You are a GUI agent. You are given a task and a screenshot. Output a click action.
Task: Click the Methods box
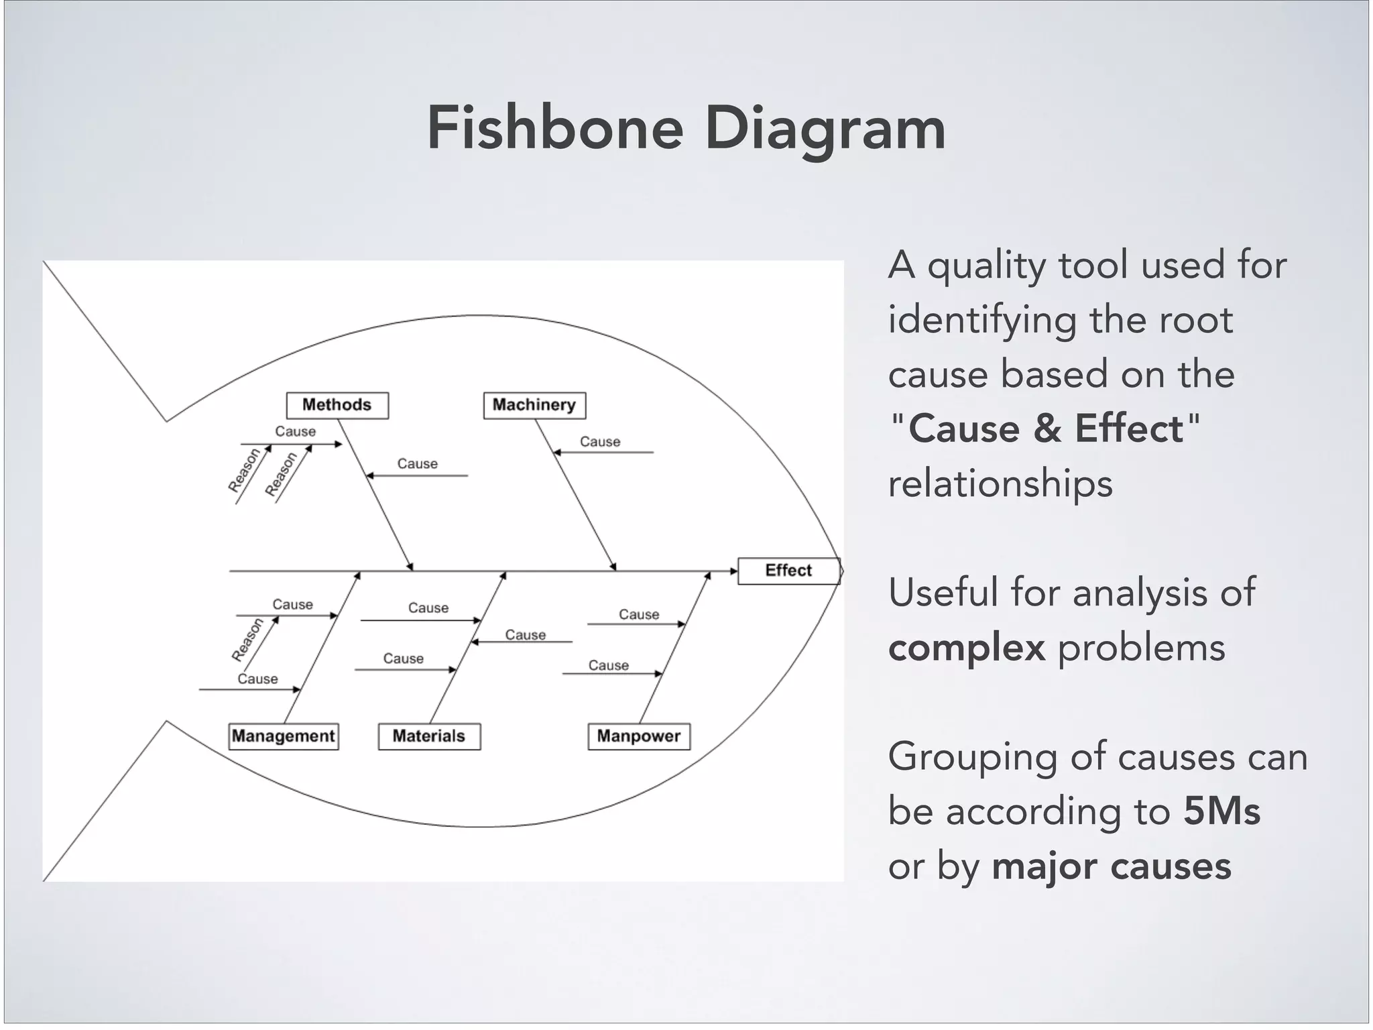pos(337,405)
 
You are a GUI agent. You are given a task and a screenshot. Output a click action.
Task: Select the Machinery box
pos(534,405)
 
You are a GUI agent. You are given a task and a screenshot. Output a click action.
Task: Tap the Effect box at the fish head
pos(788,571)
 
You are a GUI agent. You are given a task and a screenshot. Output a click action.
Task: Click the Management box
pos(283,736)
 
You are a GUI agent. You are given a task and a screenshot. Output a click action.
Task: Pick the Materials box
pos(429,736)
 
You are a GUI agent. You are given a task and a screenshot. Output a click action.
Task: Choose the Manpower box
pos(638,736)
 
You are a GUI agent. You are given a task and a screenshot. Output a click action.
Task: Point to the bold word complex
pos(966,648)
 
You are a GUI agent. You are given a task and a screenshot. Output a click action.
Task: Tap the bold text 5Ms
pos(1221,811)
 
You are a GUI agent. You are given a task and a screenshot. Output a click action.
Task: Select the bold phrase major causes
pos(1111,866)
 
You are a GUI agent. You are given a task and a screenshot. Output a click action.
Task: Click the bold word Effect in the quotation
pos(1129,428)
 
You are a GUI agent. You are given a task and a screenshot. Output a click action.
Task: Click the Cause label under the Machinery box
pos(600,442)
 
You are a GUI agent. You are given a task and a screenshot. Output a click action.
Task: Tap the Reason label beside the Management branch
pos(247,640)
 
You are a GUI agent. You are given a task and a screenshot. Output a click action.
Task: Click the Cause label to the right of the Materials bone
pos(525,635)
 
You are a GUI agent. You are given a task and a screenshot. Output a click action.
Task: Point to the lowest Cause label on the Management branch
pos(257,679)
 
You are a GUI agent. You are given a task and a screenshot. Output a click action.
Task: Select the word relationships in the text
pos(1000,484)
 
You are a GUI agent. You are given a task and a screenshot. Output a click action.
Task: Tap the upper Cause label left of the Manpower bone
pos(638,615)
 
